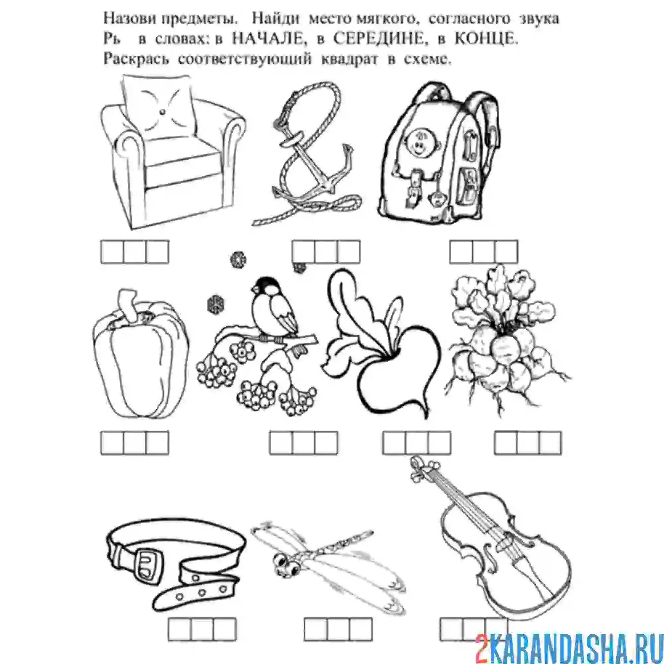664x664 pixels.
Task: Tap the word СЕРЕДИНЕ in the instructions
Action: click(x=379, y=40)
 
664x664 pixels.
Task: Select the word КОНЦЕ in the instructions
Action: click(x=486, y=40)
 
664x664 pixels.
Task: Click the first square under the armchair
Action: click(x=112, y=252)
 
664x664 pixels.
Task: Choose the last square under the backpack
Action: click(x=506, y=252)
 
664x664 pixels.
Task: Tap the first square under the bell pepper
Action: click(x=112, y=443)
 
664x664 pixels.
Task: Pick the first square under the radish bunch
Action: click(x=506, y=443)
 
